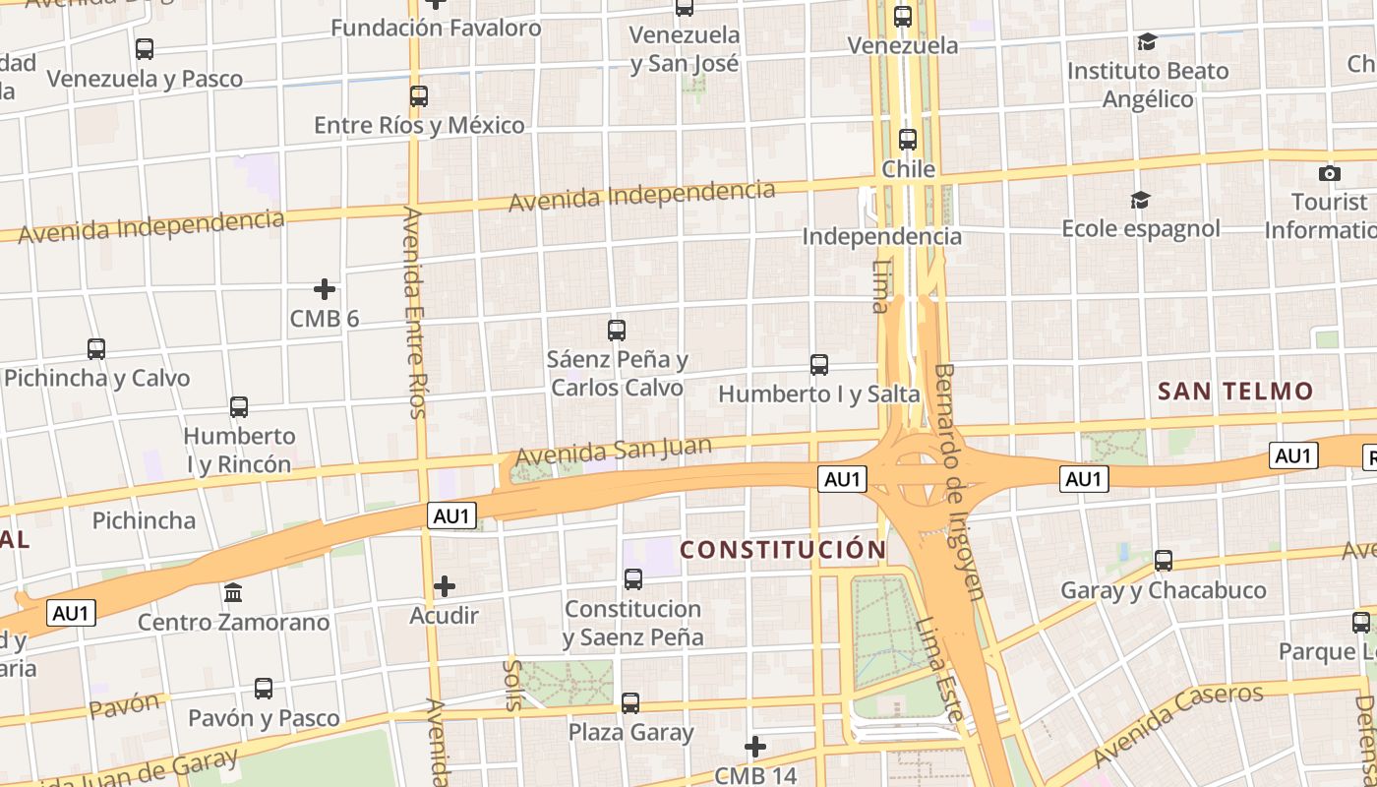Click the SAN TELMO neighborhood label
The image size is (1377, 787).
1235,392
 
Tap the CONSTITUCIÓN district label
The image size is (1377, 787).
783,550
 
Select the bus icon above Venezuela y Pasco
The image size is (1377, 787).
145,48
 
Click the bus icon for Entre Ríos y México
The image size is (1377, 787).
419,96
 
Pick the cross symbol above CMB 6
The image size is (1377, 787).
325,289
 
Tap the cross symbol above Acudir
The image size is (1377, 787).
445,587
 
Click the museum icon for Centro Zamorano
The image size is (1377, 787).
234,593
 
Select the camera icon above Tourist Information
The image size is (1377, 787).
1330,173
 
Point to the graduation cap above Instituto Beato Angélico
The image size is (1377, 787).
1147,41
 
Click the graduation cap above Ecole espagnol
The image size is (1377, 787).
1140,200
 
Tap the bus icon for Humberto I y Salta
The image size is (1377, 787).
819,365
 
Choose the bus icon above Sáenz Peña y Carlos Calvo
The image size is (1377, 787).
617,331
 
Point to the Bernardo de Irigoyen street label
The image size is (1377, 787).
957,481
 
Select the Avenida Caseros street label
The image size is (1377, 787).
1178,724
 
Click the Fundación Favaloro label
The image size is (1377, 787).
436,28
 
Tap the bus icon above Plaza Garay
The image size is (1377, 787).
630,703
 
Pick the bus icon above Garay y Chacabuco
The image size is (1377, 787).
1164,561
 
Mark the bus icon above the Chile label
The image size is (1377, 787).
908,140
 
